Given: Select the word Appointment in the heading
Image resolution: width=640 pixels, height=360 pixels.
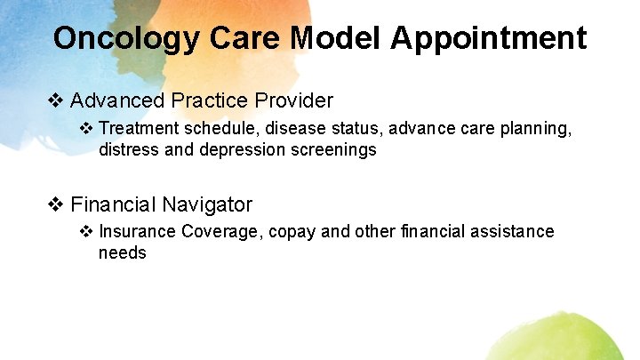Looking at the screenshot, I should click(488, 38).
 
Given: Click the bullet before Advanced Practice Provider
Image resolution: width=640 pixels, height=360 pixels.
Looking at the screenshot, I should click(55, 100).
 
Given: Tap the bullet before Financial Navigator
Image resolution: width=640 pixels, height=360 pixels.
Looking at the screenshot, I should click(55, 204).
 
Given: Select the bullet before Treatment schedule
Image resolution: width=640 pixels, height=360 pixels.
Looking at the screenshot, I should click(86, 130).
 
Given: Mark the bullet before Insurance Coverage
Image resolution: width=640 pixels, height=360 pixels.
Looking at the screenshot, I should click(86, 232).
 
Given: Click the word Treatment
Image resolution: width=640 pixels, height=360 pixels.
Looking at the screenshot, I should click(138, 130).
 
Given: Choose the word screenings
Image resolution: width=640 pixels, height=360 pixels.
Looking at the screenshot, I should click(333, 150).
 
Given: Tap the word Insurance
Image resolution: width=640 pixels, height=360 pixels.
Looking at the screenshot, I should click(137, 232).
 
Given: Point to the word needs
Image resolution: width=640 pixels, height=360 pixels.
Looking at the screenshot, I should click(123, 252).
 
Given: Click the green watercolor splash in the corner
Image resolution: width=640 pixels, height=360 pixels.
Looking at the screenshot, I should click(578, 338).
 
